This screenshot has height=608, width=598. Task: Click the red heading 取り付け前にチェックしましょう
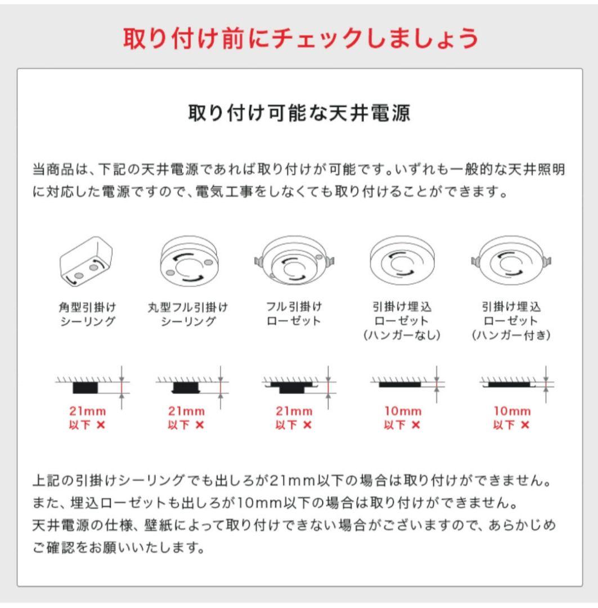click(300, 39)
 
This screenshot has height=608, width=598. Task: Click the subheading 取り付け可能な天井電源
click(299, 113)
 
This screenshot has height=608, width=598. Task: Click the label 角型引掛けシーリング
click(87, 314)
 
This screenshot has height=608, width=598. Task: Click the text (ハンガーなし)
click(401, 335)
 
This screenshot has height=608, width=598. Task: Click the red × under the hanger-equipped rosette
click(524, 425)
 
